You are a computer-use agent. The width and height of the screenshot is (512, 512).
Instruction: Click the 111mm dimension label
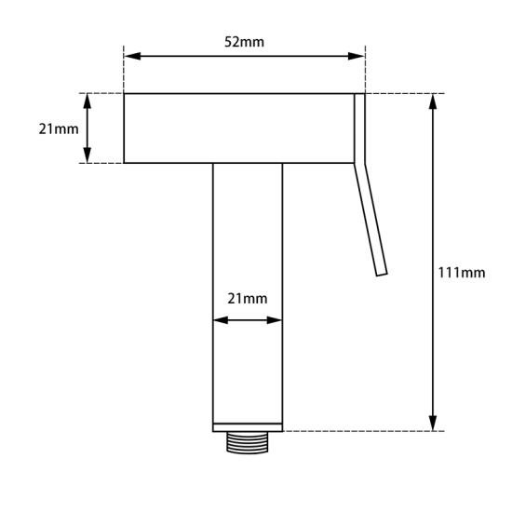[x=461, y=272]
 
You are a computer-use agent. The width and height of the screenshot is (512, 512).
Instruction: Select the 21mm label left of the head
[x=59, y=128]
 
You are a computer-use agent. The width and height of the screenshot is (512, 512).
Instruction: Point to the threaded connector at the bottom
[x=248, y=442]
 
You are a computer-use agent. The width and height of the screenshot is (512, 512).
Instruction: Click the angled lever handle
[x=371, y=220]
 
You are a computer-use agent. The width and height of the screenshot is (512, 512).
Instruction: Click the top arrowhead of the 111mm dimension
[x=434, y=101]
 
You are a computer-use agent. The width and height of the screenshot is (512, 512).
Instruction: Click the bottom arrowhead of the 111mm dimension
[x=434, y=424]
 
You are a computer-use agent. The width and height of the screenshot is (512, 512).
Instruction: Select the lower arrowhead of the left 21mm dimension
[x=88, y=156]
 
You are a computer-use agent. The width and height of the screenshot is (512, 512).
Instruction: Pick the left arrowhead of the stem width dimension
[x=220, y=320]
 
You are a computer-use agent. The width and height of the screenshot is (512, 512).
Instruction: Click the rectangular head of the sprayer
[x=237, y=128]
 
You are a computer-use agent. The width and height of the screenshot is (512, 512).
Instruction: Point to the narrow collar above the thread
[x=248, y=427]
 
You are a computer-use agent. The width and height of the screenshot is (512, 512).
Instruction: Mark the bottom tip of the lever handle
[x=382, y=273]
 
